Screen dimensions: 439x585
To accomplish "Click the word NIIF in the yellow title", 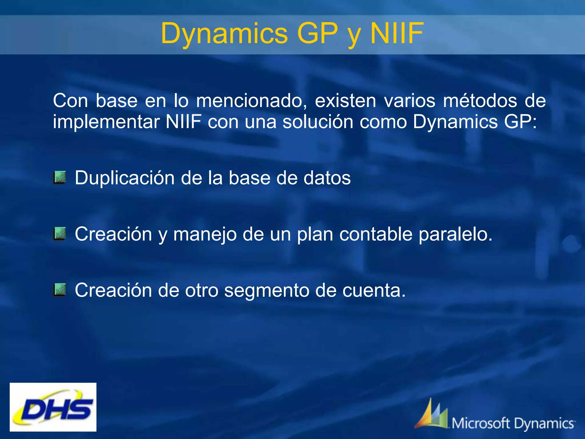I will click(397, 33).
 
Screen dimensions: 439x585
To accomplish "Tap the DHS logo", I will click(53, 407).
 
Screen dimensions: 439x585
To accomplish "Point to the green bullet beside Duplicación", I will click(60, 177).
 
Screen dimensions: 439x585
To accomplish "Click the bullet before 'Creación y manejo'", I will click(60, 234).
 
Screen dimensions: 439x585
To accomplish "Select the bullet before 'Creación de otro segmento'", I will click(60, 290).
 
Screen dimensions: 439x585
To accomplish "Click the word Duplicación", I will click(125, 178).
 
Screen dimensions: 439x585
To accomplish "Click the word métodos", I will click(480, 101).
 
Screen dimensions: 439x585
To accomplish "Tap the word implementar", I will click(106, 122).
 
